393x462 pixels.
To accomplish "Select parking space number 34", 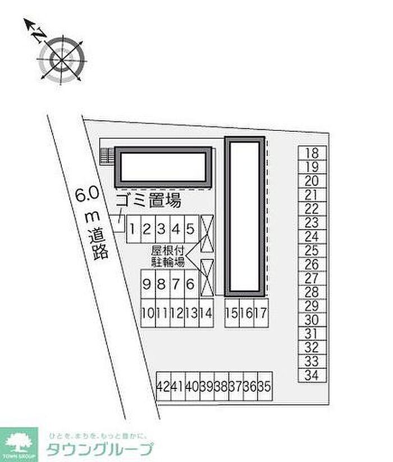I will point(313,376).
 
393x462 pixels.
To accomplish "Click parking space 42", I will point(163,386).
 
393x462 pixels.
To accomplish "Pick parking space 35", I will point(265,386).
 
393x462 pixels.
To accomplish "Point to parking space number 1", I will point(133,229).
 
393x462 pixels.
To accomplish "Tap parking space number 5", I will point(191,229).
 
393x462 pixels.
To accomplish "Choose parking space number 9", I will point(147,285).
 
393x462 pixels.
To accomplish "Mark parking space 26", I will point(313,264).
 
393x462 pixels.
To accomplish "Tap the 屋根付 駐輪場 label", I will point(167,256).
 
